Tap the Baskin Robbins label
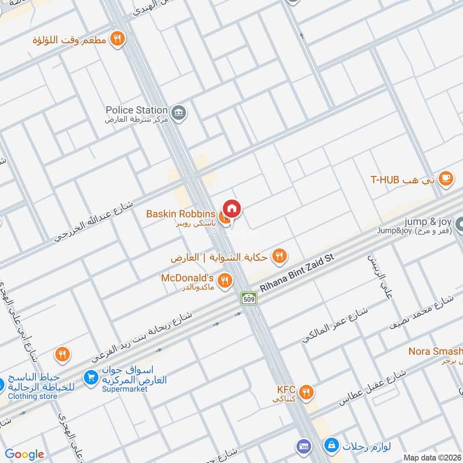[x=181, y=214]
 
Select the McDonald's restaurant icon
[x=226, y=281]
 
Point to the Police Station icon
[x=179, y=111]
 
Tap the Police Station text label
[x=137, y=110]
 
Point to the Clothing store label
[x=33, y=396]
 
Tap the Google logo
[x=24, y=454]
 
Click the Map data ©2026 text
[x=432, y=457]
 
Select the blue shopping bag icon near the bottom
[x=330, y=446]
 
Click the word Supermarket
[x=124, y=389]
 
